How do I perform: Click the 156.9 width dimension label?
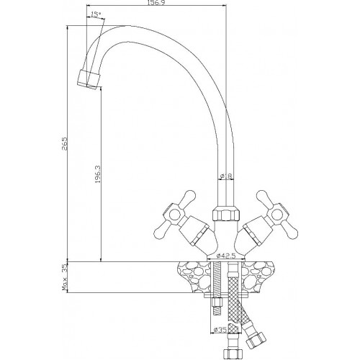tap(156, 2)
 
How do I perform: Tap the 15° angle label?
tap(95, 14)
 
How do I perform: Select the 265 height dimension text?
tap(64, 143)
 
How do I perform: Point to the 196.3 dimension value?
tap(98, 174)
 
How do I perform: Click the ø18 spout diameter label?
tap(226, 176)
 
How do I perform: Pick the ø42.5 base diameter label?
tap(226, 256)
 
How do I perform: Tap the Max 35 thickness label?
tap(65, 277)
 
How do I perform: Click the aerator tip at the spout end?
tap(89, 80)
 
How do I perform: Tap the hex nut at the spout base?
tap(225, 214)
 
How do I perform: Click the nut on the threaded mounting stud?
tap(217, 302)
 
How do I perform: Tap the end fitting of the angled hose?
tap(256, 340)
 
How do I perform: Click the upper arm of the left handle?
tap(189, 197)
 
